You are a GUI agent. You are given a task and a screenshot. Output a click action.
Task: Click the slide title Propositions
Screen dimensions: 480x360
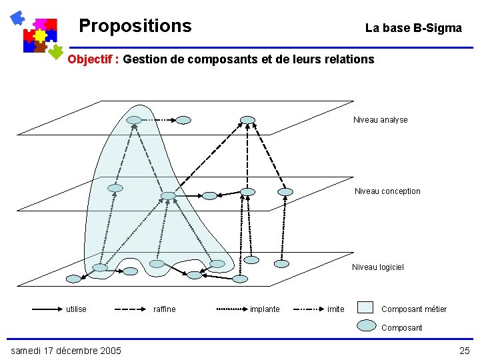click(x=135, y=26)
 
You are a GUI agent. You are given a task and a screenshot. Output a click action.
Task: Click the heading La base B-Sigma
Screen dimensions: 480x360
click(x=413, y=28)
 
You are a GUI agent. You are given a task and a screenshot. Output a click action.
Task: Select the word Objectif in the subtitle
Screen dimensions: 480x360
click(x=91, y=59)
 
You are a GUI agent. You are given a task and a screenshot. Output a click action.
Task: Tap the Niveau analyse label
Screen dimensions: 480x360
click(x=380, y=120)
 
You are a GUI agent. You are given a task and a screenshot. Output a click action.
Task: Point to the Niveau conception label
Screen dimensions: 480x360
click(x=387, y=191)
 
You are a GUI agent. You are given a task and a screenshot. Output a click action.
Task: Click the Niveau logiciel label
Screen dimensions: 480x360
click(x=377, y=267)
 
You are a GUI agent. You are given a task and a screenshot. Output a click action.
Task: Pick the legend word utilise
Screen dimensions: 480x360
click(x=76, y=309)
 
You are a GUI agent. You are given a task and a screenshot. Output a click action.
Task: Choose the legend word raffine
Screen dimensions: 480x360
click(x=165, y=309)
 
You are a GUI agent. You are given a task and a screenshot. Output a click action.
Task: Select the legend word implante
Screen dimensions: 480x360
click(x=265, y=309)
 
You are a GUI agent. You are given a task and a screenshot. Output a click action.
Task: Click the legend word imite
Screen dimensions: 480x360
click(x=336, y=309)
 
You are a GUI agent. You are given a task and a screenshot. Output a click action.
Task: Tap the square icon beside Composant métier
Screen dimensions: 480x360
click(x=365, y=307)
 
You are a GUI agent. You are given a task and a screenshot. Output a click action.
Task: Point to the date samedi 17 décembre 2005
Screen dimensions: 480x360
click(x=66, y=351)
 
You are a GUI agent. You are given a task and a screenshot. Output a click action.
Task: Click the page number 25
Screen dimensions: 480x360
click(x=464, y=351)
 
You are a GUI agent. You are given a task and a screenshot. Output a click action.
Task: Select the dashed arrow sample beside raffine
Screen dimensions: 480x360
click(x=131, y=309)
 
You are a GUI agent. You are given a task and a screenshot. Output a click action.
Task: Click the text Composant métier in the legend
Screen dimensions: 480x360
click(x=414, y=309)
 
